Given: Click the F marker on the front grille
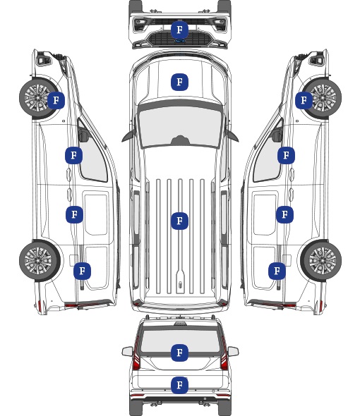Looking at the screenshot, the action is (179, 30).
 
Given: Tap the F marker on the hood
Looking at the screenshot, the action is (179, 82).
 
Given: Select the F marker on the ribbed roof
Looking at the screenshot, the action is (179, 221).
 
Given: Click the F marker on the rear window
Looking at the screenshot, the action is (179, 353).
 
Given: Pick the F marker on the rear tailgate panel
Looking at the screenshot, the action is (179, 385).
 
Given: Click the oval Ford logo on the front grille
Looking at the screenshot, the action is (180, 41).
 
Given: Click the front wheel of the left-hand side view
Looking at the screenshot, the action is (37, 97).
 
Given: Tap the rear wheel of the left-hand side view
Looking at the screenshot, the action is (40, 261).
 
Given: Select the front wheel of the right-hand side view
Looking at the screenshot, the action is (323, 98).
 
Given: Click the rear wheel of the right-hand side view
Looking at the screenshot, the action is (321, 261).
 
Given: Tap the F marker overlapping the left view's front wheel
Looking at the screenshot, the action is (56, 100).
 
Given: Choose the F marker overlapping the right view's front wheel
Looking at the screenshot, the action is (304, 100).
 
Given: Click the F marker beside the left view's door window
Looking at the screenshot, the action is (73, 155).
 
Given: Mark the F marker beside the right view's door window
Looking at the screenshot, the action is (286, 155).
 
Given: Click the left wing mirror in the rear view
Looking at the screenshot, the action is (128, 352).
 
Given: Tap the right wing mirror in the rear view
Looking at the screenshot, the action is (233, 352).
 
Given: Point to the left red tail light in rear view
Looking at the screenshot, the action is (136, 354).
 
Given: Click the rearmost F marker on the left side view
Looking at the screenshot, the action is (82, 271).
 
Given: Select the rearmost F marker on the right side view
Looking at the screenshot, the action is (277, 271).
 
